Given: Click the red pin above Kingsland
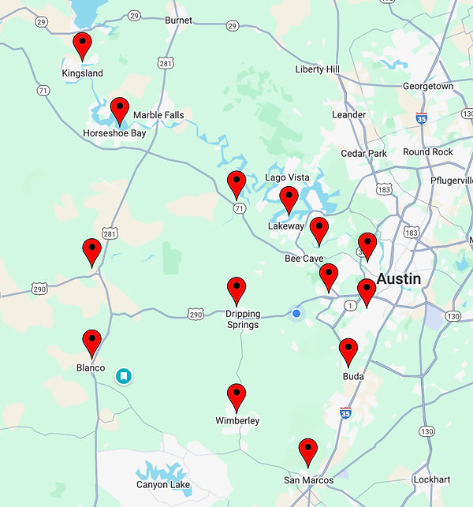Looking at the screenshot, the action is tap(82, 46).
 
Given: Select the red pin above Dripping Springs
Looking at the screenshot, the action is tap(236, 289).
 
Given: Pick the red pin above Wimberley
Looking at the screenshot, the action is tap(236, 396).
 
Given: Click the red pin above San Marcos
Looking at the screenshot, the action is tap(308, 451).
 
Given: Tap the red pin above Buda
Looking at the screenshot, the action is tap(348, 350).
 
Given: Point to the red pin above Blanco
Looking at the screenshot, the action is tap(92, 342).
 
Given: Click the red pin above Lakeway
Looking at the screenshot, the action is tap(289, 199).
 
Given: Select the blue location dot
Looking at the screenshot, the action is tap(296, 313).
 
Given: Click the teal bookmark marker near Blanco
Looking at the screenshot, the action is tap(124, 376).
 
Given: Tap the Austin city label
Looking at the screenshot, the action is tap(398, 279).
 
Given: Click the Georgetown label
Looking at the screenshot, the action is tap(428, 87).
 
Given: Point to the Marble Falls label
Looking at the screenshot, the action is tap(158, 115).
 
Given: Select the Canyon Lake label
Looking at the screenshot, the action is tap(163, 485).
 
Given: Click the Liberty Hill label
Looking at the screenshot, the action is tap(317, 69).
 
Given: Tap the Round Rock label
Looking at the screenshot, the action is tap(427, 152).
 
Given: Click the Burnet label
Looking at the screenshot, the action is tap(178, 21).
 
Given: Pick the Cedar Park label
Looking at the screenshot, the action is tap(363, 154).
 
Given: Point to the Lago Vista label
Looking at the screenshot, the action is tap(287, 177).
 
